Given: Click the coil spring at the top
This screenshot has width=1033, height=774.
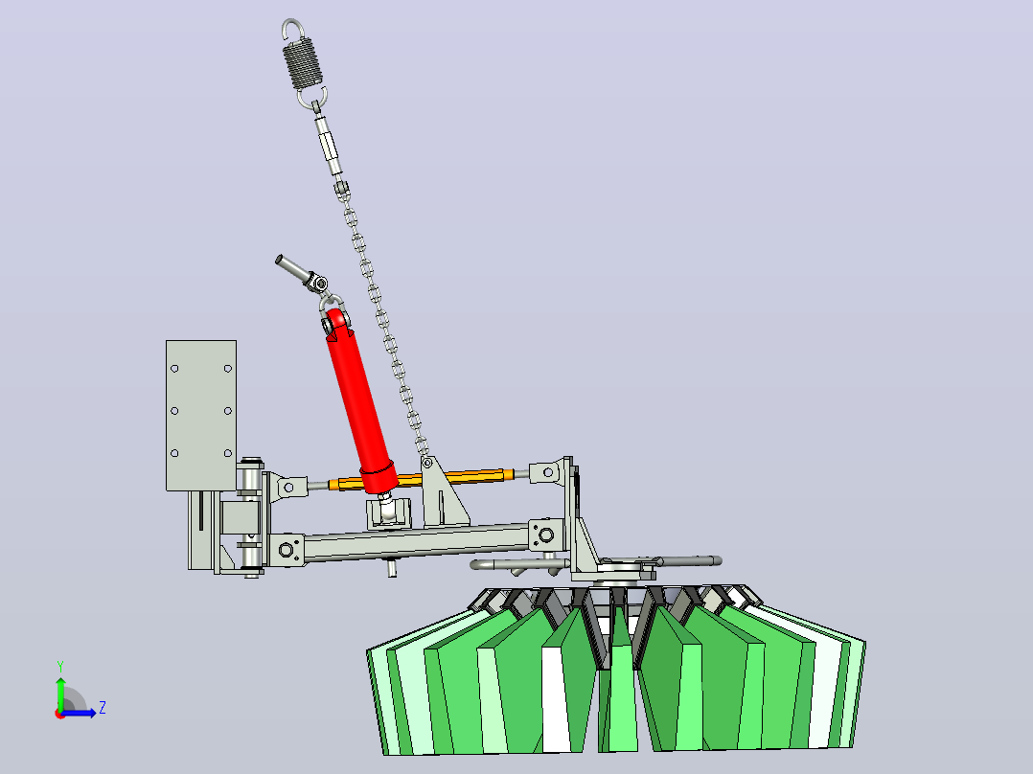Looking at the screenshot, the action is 303,62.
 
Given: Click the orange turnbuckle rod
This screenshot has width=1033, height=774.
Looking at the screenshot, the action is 422,478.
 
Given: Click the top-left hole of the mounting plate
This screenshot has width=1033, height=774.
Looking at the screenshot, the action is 174,368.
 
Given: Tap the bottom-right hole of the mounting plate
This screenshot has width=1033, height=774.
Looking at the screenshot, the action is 227,453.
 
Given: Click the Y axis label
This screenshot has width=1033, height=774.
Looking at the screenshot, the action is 60,667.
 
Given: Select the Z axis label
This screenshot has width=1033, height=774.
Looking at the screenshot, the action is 103,708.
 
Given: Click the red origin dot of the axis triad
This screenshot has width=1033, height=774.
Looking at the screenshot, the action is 60,714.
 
